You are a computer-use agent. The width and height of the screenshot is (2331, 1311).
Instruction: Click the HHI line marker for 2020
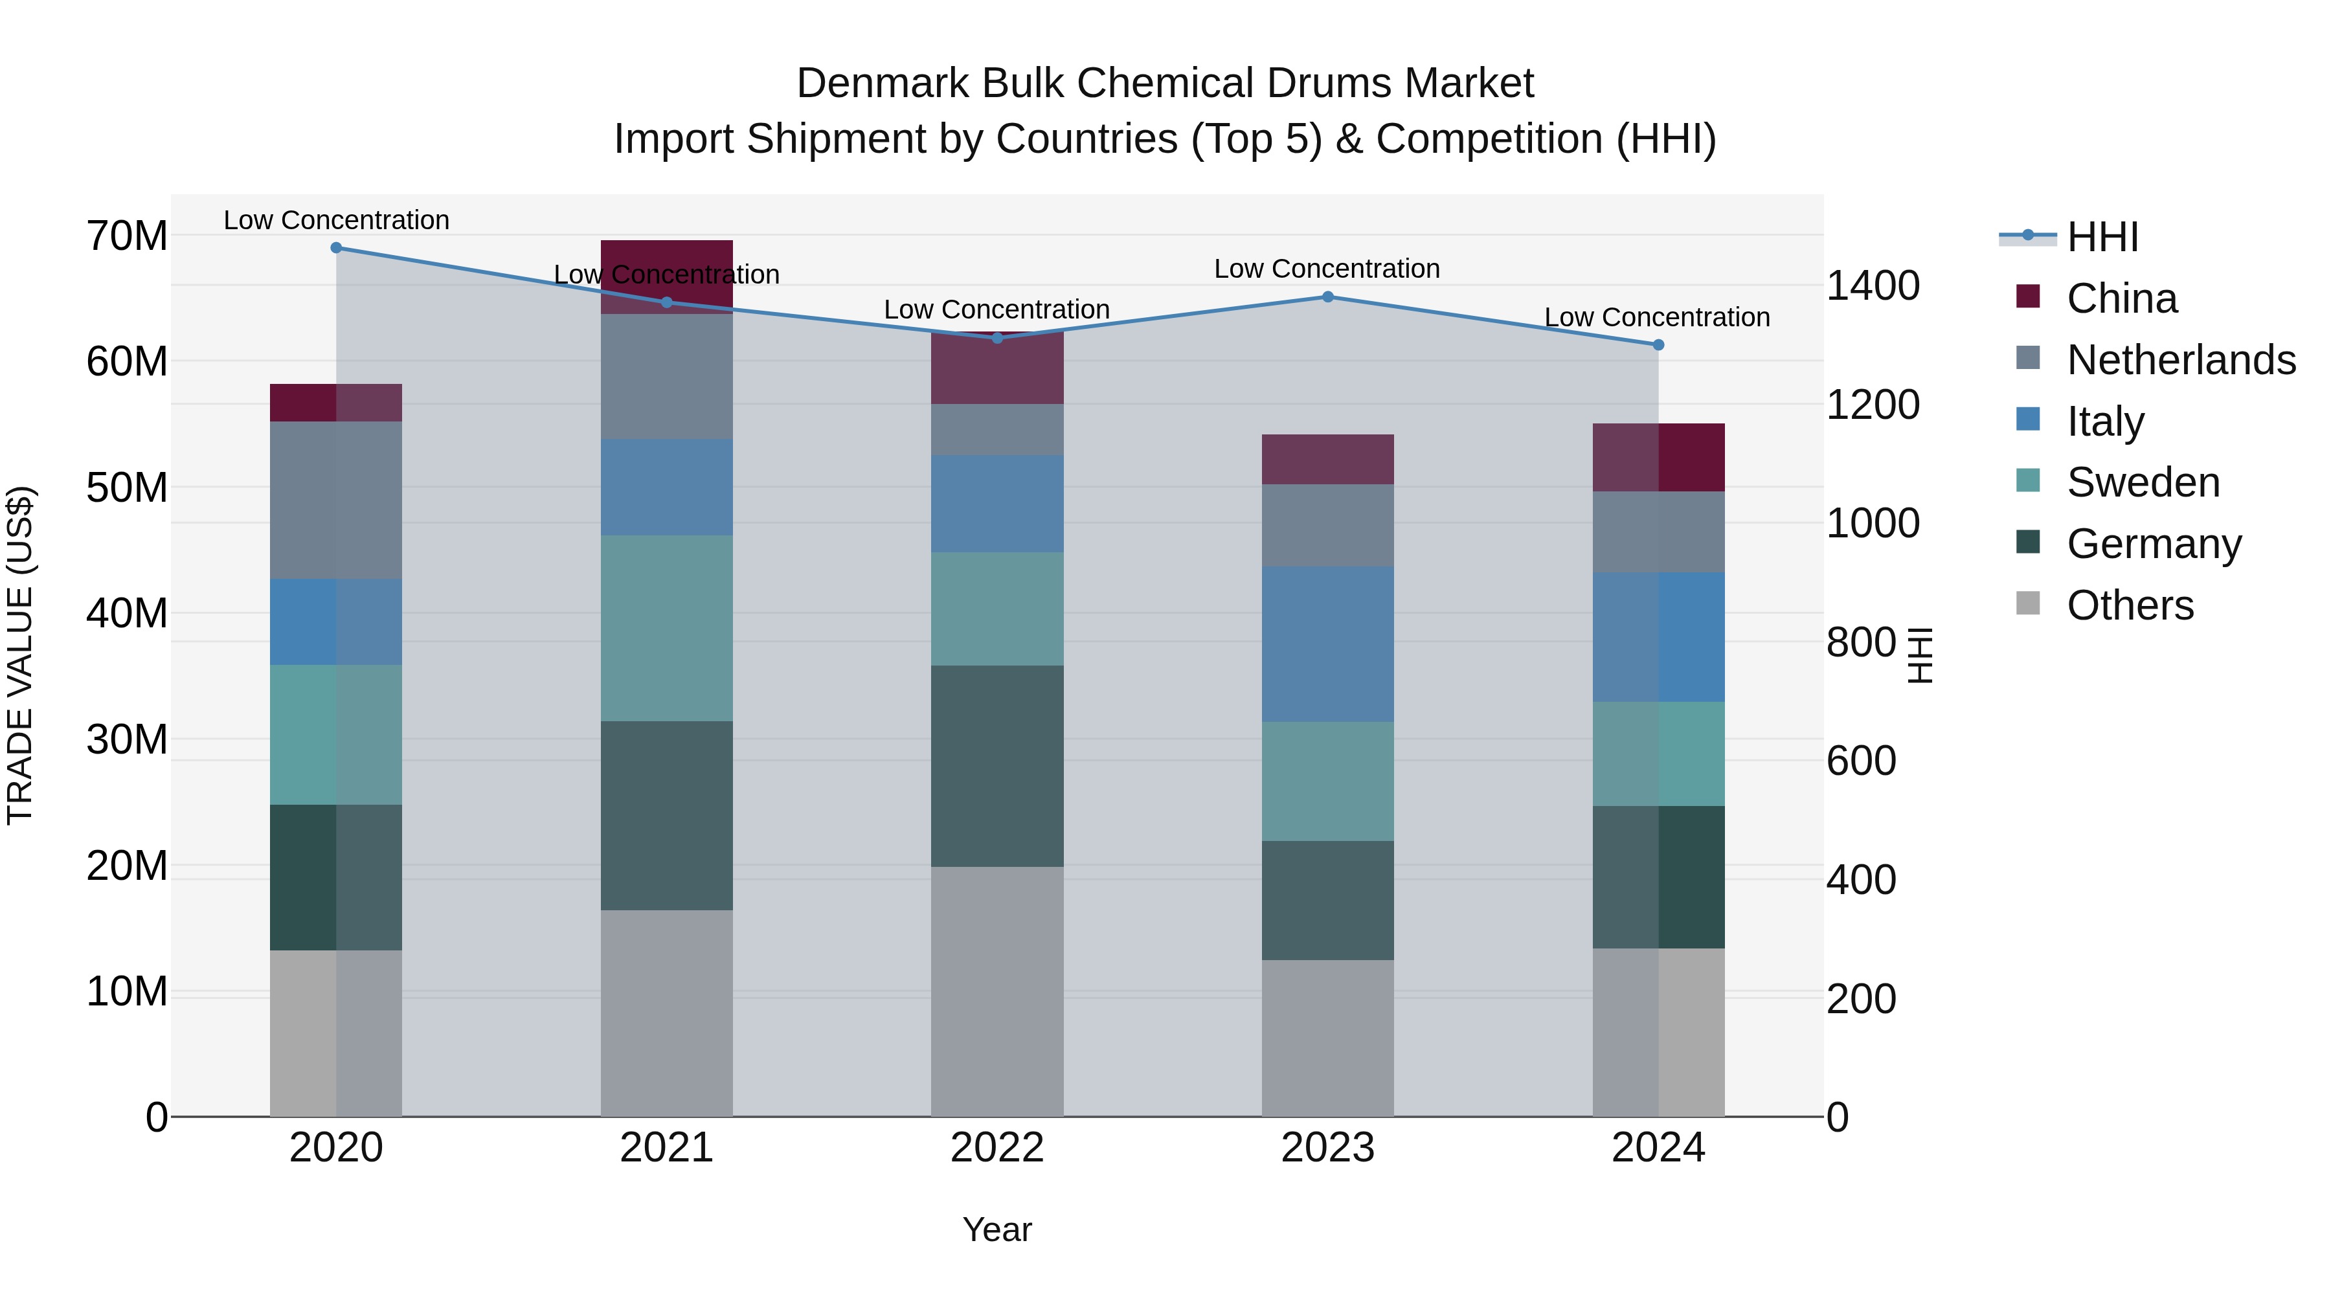pos(335,248)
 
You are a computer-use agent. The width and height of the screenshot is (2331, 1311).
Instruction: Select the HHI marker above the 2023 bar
pos(1327,297)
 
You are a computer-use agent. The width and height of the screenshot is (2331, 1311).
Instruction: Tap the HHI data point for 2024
pos(1658,344)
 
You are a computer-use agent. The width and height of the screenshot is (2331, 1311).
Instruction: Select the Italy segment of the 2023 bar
pos(1327,644)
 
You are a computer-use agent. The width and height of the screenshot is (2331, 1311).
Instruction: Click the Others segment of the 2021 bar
pos(666,1013)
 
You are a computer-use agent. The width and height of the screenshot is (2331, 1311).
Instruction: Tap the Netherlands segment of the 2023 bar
pos(1327,525)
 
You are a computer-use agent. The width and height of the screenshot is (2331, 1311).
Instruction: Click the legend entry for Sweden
pos(2143,482)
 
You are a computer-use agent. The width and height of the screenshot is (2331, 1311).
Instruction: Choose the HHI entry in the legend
pos(2102,237)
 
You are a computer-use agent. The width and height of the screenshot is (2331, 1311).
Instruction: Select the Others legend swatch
pos(2028,603)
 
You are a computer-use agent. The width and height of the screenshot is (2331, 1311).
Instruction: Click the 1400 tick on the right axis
pos(1872,286)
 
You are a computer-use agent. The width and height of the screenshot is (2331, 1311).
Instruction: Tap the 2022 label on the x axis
pos(997,1148)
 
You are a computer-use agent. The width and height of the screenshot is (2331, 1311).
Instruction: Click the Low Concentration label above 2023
pos(1327,269)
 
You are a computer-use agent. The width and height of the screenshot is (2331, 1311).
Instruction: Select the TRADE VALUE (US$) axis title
pos(21,655)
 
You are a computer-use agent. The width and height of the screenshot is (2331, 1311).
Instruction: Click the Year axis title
pos(997,1229)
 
